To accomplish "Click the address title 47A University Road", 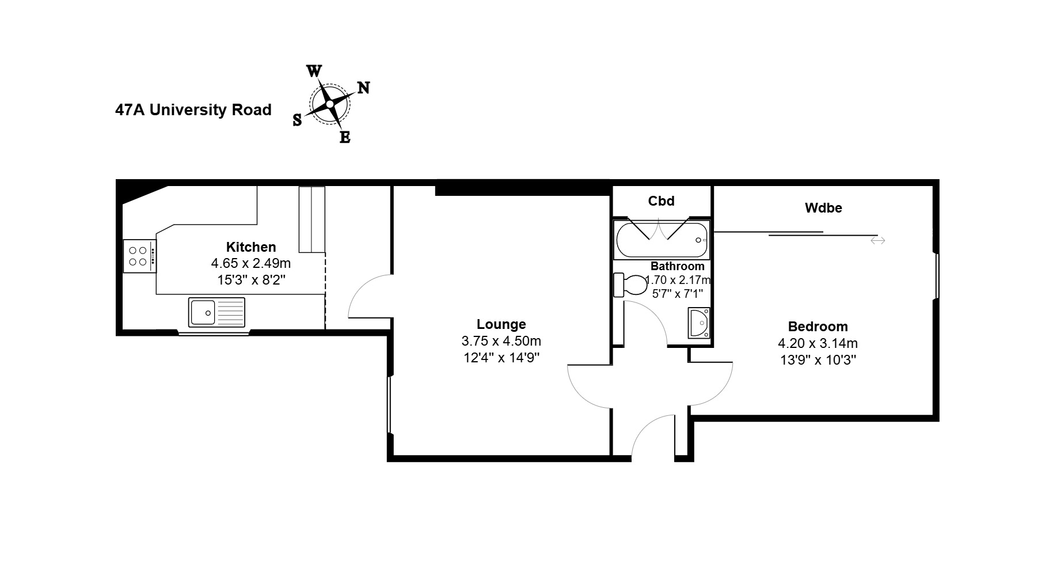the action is pyautogui.click(x=193, y=109).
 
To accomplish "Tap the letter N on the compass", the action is pyautogui.click(x=363, y=88).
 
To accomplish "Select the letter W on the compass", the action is pyautogui.click(x=314, y=71).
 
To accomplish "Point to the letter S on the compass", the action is pyautogui.click(x=297, y=120).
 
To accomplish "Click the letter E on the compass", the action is pyautogui.click(x=345, y=137).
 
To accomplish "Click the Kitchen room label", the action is pyautogui.click(x=251, y=247).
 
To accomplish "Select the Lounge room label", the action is pyautogui.click(x=501, y=324).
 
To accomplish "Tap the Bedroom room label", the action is pyautogui.click(x=818, y=327).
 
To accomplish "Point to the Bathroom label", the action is pyautogui.click(x=678, y=266).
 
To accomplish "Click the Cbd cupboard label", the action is pyautogui.click(x=662, y=200).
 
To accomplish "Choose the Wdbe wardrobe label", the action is pyautogui.click(x=823, y=208).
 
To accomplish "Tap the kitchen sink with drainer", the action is pyautogui.click(x=216, y=312).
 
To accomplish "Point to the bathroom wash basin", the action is pyautogui.click(x=700, y=323).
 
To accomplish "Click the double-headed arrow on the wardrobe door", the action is pyautogui.click(x=877, y=240).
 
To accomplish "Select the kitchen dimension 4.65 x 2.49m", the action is pyautogui.click(x=251, y=264).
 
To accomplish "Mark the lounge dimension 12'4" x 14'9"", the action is pyautogui.click(x=501, y=358).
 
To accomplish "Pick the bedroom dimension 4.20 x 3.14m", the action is pyautogui.click(x=818, y=343).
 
